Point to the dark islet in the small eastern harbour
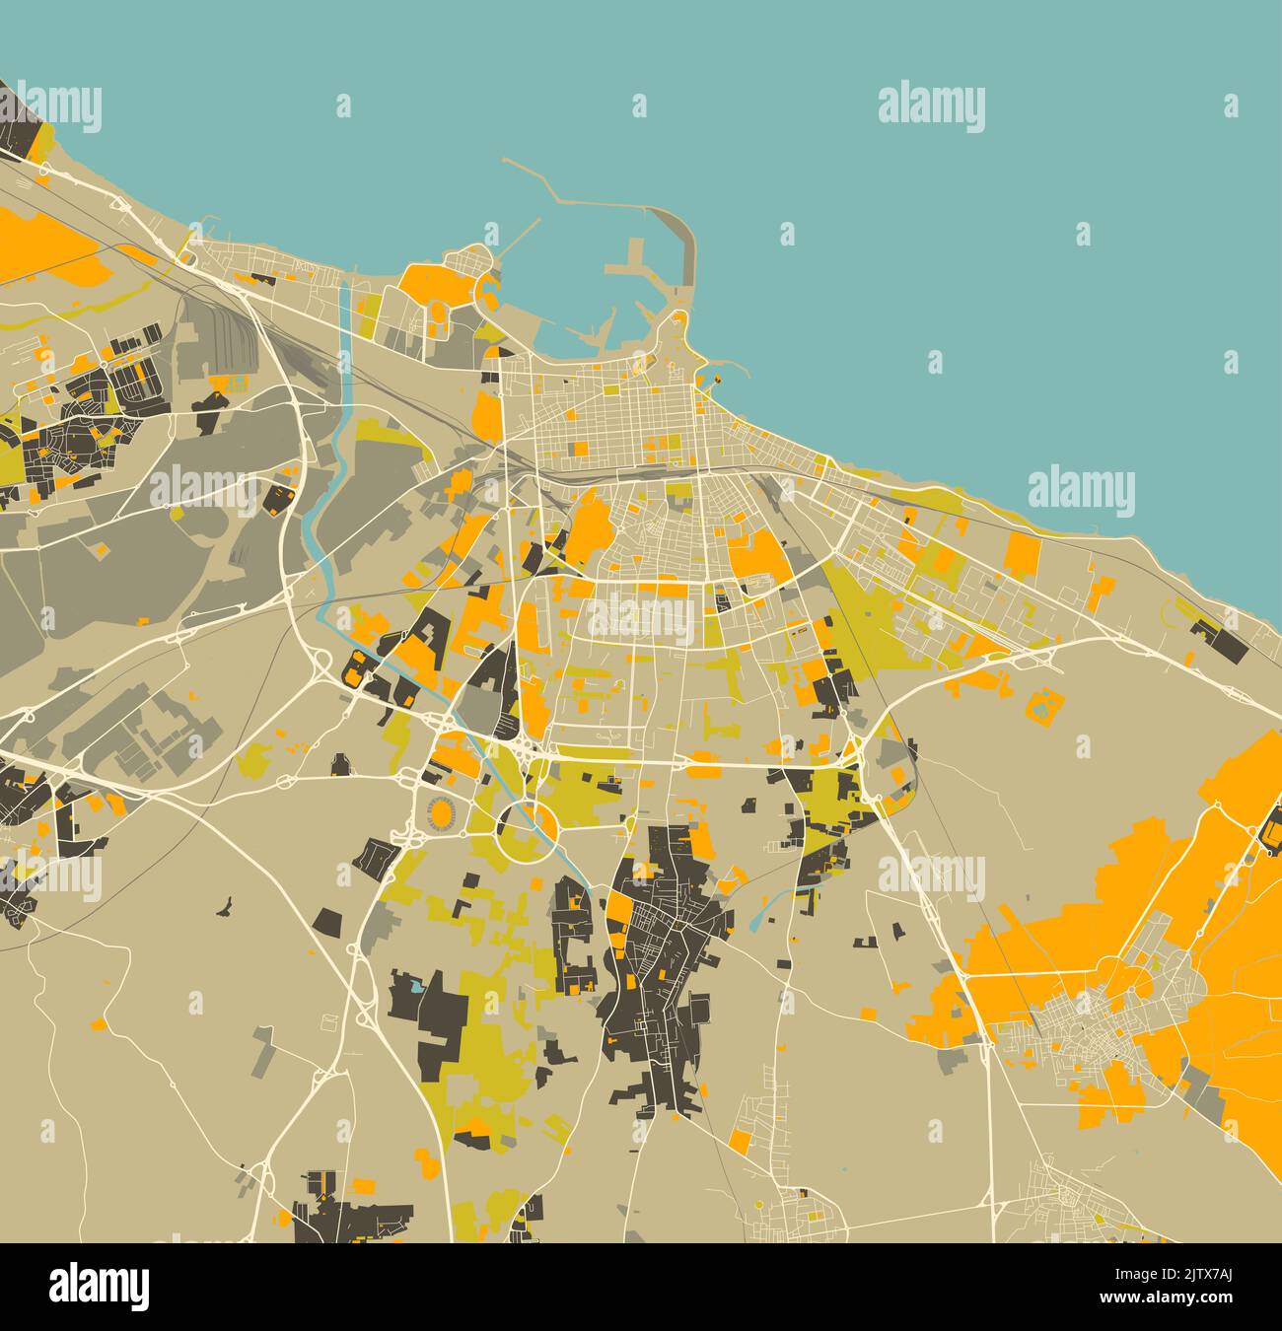tap(717, 376)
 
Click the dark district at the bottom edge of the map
tap(345, 1218)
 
